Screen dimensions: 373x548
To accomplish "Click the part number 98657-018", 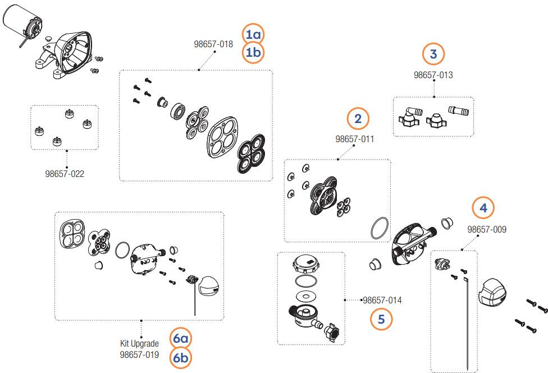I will tap(213, 45).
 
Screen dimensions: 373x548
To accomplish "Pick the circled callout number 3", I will tap(433, 54).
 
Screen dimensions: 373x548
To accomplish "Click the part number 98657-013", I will tap(433, 75).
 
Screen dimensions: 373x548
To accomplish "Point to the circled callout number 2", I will tap(358, 119).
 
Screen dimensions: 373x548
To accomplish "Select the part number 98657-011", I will tap(355, 139).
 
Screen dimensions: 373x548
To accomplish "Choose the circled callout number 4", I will tap(483, 208).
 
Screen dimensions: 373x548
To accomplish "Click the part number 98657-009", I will tap(487, 230).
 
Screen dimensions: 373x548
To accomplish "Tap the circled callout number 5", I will tap(381, 319).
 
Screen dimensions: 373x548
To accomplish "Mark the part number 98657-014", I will tap(382, 301).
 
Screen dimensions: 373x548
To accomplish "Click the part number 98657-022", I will tap(65, 174).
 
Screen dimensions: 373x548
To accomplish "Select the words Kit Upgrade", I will tap(139, 343).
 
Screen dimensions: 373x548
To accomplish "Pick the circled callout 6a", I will tap(181, 339).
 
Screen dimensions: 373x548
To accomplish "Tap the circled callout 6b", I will tap(181, 357).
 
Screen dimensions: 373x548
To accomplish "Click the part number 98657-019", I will tap(139, 355).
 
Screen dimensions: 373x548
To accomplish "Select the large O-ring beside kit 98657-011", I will tap(380, 229).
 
